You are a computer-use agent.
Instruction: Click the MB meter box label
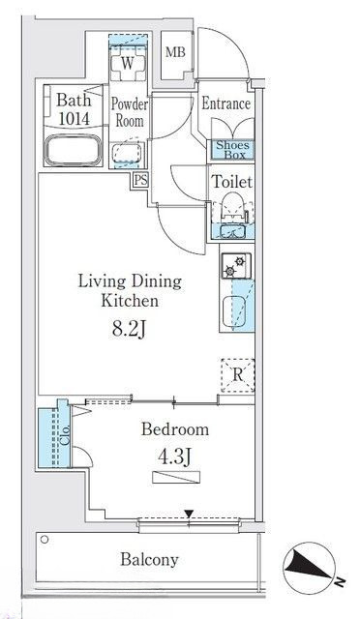(x=175, y=51)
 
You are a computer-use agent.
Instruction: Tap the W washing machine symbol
(x=128, y=64)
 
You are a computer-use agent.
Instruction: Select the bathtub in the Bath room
(x=74, y=151)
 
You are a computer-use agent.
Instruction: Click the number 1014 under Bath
(x=74, y=118)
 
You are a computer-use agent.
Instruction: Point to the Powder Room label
(x=130, y=112)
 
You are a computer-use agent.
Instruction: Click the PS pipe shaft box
(x=140, y=180)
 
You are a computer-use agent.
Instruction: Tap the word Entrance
(x=226, y=103)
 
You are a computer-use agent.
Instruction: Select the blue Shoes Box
(x=234, y=150)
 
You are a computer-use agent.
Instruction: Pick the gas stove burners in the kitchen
(x=235, y=266)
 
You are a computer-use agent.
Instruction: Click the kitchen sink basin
(x=234, y=311)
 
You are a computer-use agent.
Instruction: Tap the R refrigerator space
(x=237, y=375)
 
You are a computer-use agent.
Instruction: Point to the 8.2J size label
(x=129, y=330)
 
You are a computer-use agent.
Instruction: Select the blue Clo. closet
(x=54, y=438)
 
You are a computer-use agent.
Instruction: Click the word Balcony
(x=149, y=559)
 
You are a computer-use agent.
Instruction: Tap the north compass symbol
(x=310, y=569)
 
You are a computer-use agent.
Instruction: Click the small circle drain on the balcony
(x=45, y=540)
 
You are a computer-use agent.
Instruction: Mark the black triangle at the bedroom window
(x=190, y=514)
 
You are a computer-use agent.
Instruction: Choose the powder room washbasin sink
(x=127, y=153)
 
